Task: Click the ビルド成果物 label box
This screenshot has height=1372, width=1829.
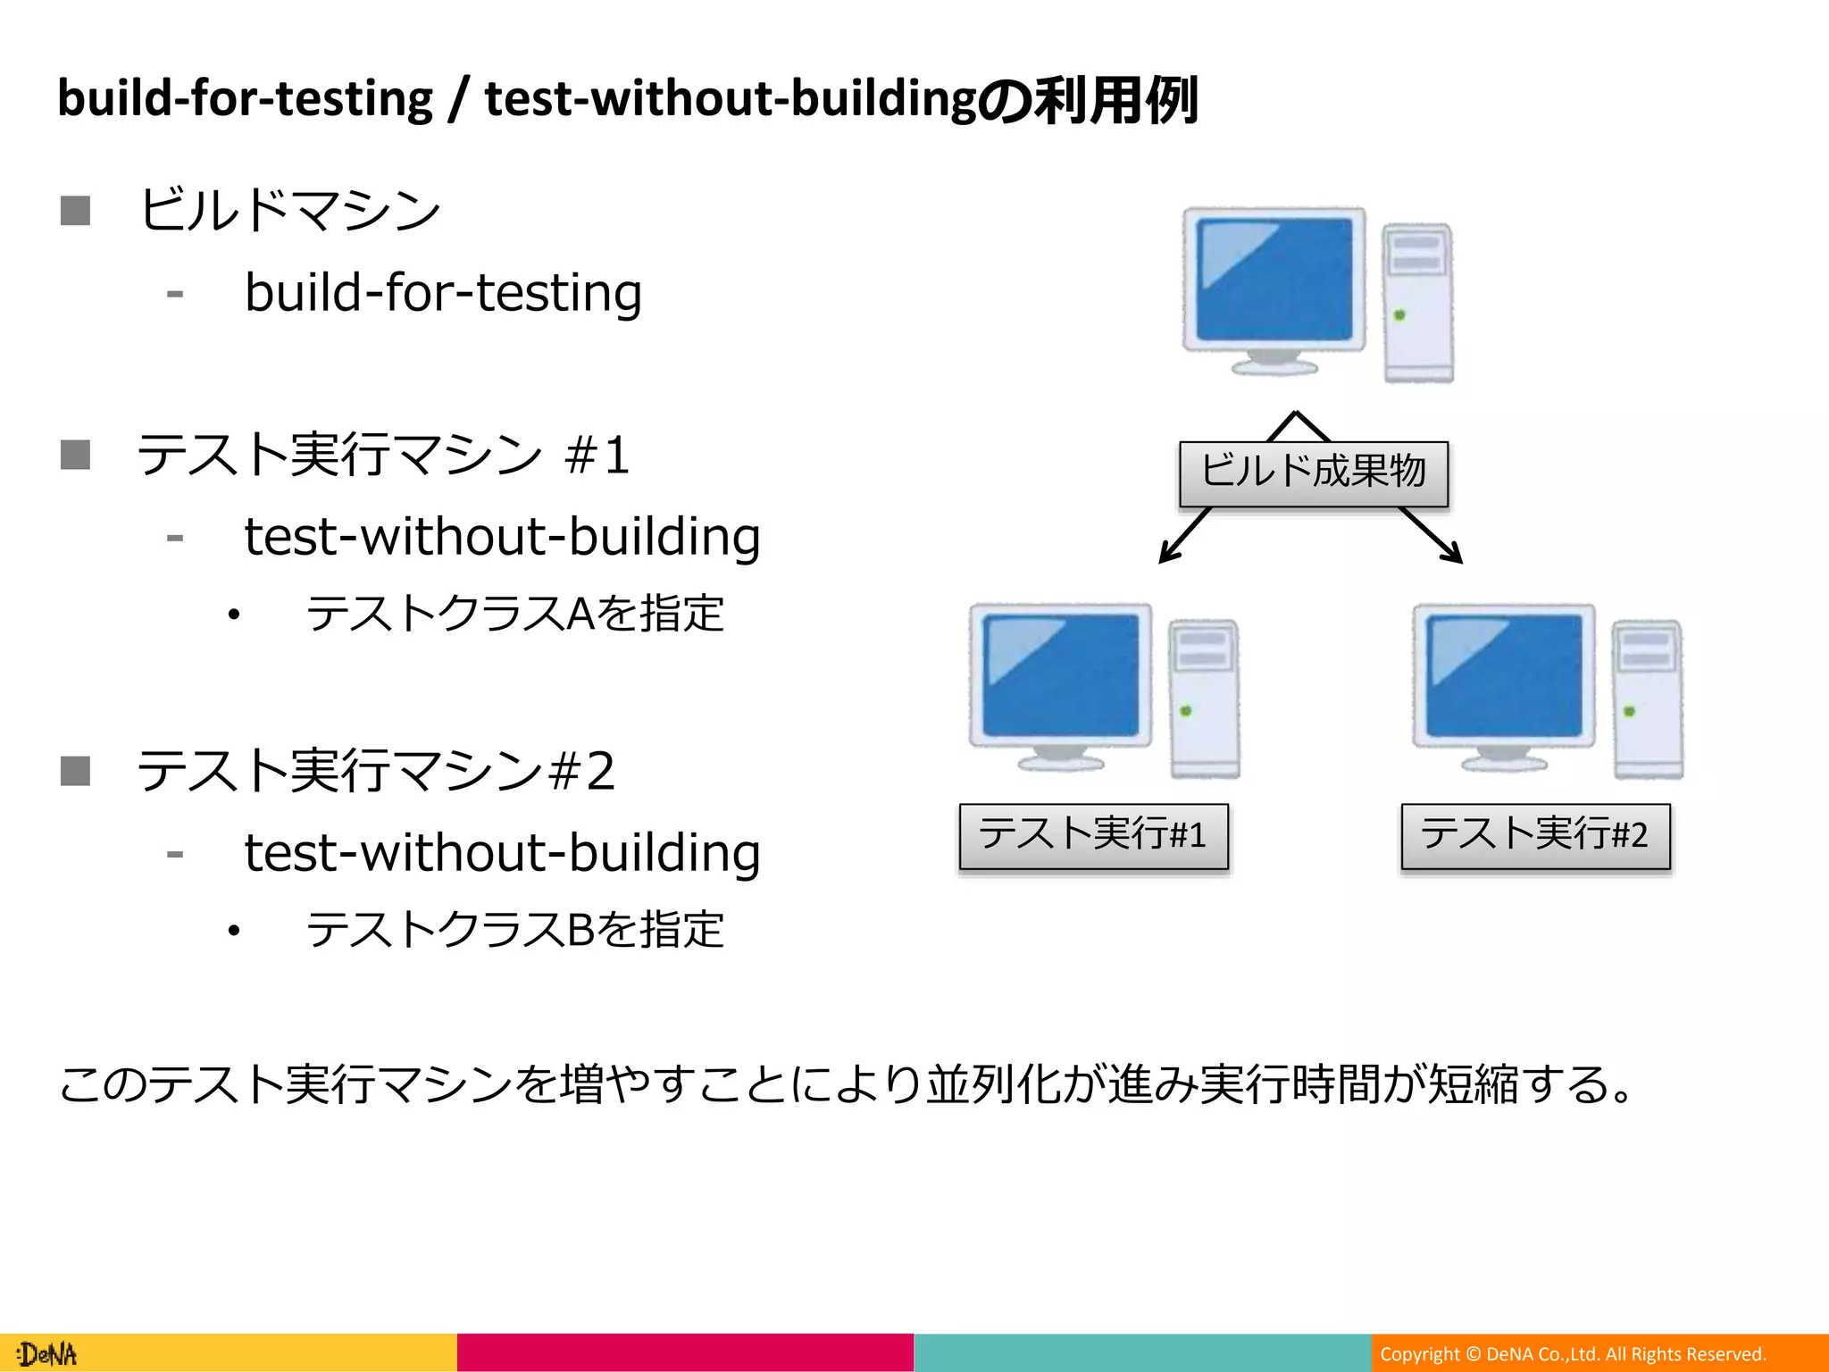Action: pyautogui.click(x=1313, y=473)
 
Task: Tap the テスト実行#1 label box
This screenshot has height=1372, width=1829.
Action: pyautogui.click(x=1093, y=836)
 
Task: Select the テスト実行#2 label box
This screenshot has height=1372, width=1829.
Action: pyautogui.click(x=1534, y=836)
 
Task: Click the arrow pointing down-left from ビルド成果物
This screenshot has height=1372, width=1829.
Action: pyautogui.click(x=1184, y=535)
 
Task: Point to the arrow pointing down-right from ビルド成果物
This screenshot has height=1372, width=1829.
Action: pyautogui.click(x=1432, y=535)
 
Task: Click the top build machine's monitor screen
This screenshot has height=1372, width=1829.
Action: pyautogui.click(x=1274, y=279)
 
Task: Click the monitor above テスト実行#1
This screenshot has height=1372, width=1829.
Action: pyautogui.click(x=1060, y=674)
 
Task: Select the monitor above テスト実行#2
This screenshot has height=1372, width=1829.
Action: pyautogui.click(x=1503, y=674)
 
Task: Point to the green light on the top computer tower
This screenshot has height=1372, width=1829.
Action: pyautogui.click(x=1399, y=315)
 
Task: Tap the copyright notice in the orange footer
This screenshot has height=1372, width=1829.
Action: pyautogui.click(x=1573, y=1354)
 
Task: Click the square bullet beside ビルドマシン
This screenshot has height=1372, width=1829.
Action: pyautogui.click(x=76, y=212)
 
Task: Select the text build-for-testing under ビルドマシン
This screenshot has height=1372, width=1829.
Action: pyautogui.click(x=443, y=293)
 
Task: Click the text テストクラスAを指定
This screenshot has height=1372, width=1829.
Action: pyautogui.click(x=514, y=615)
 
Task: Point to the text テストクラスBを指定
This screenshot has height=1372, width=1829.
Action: pyautogui.click(x=514, y=930)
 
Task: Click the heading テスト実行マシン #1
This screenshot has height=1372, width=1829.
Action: pyautogui.click(x=384, y=455)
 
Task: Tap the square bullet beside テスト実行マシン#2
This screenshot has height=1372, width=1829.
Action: pyautogui.click(x=76, y=770)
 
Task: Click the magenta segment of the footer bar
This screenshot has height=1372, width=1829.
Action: pyautogui.click(x=685, y=1352)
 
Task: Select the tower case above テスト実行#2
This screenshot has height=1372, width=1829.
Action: pyautogui.click(x=1648, y=699)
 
